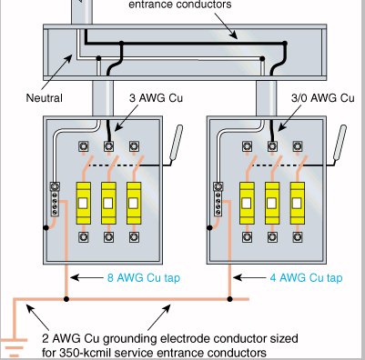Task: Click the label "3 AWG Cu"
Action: click(x=156, y=98)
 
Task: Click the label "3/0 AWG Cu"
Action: click(x=323, y=98)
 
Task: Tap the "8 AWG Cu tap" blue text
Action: click(x=144, y=277)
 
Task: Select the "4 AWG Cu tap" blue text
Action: click(x=307, y=277)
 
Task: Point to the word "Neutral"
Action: click(x=45, y=98)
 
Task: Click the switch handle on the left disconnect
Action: click(x=177, y=143)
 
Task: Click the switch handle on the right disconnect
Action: click(x=340, y=143)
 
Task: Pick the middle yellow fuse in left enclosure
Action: click(x=108, y=203)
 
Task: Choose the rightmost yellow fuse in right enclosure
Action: click(x=298, y=203)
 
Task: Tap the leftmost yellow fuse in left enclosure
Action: click(x=83, y=203)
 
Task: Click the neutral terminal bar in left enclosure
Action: click(x=55, y=199)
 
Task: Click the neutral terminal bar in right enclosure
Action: click(x=218, y=199)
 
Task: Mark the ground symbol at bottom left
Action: click(x=14, y=347)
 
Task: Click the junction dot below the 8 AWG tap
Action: click(x=66, y=299)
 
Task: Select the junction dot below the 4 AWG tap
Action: click(x=229, y=299)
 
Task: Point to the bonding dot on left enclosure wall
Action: click(x=46, y=227)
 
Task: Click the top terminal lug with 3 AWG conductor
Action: click(x=108, y=146)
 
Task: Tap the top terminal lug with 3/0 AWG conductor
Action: click(x=272, y=146)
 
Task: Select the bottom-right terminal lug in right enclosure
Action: click(x=298, y=237)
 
